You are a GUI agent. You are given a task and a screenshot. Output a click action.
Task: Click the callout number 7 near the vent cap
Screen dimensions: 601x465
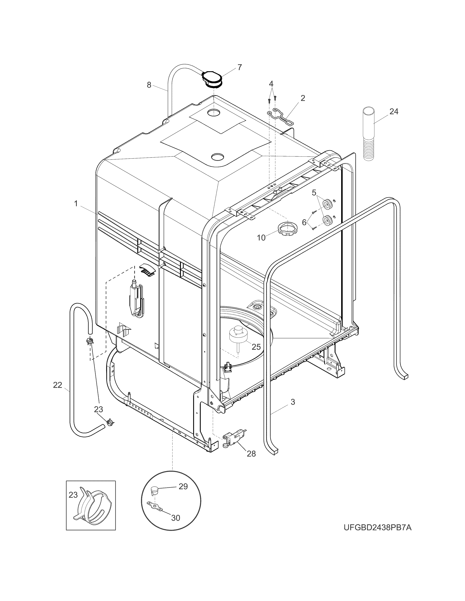[239, 67]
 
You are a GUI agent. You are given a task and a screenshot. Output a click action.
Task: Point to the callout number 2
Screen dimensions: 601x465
[303, 98]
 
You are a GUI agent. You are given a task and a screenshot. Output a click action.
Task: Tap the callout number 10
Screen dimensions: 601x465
[261, 238]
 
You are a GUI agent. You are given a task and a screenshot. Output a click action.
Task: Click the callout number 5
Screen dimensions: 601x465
[314, 193]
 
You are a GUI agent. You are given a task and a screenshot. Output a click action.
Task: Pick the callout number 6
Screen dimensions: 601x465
[304, 222]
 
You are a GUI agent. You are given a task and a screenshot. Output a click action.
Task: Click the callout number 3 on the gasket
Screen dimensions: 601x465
[293, 402]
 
